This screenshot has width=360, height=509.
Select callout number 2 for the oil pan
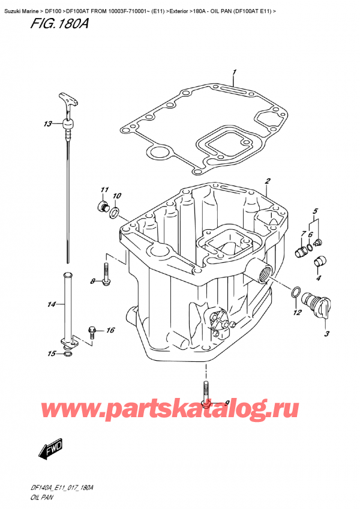(x=268, y=181)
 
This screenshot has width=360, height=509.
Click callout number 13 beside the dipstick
(x=47, y=124)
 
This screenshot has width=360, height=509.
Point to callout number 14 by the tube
(x=50, y=305)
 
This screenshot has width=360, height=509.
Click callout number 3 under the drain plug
(x=326, y=333)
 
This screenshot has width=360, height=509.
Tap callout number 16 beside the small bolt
(x=110, y=330)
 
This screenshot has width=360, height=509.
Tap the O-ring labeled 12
(x=295, y=293)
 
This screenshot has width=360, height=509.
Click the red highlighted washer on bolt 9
(x=206, y=403)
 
